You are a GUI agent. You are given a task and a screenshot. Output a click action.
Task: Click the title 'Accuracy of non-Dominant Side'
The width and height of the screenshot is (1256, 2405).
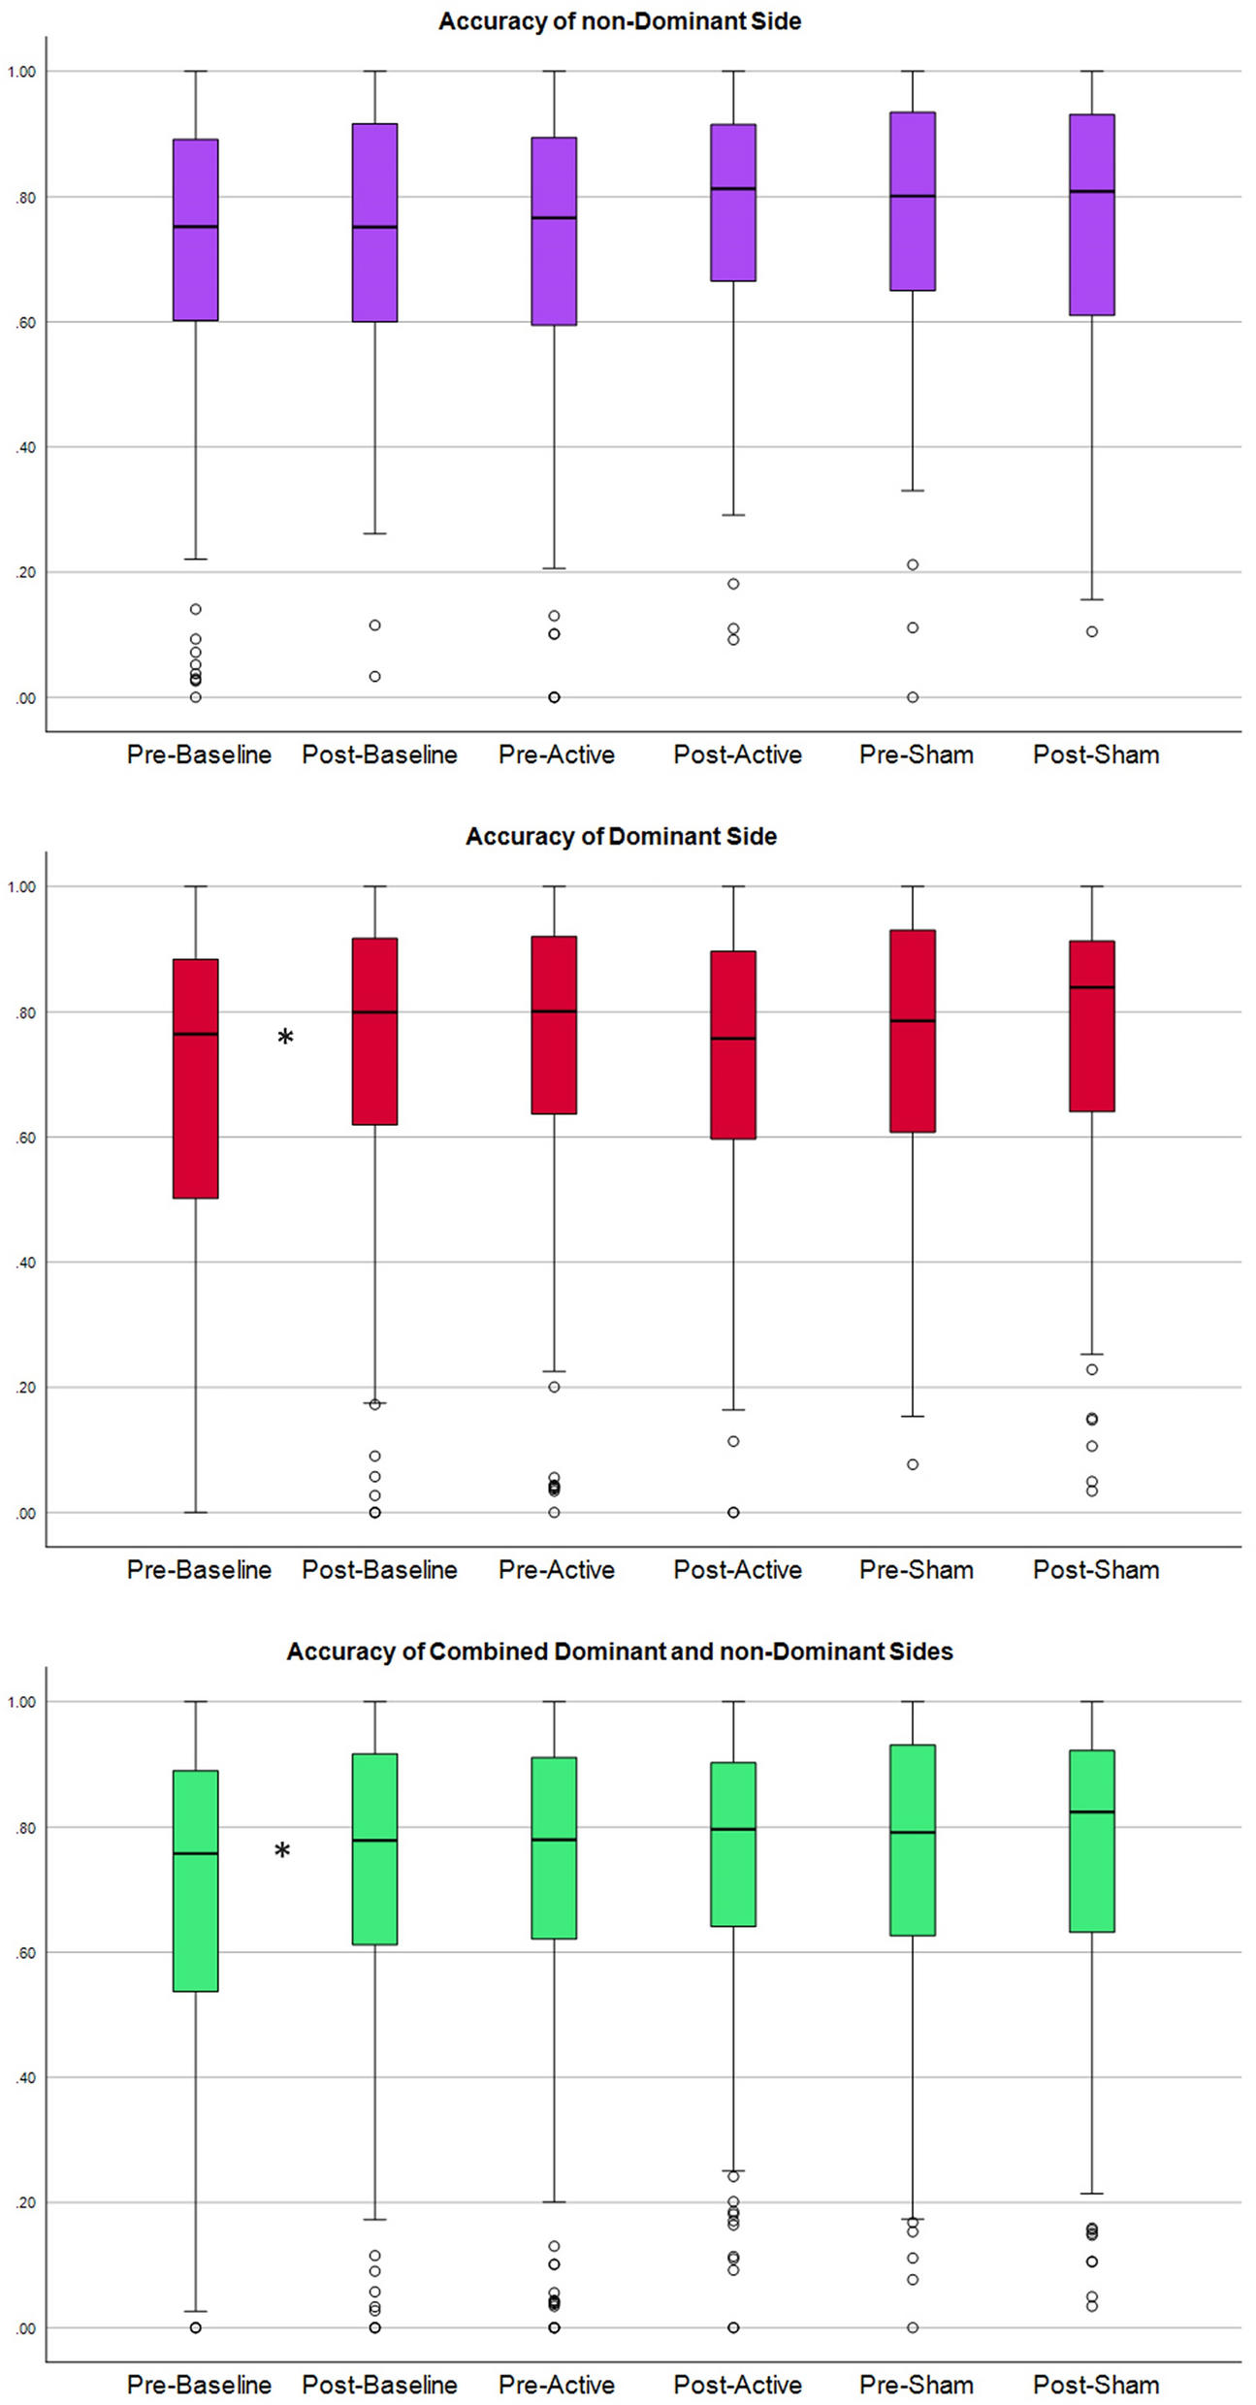[620, 21]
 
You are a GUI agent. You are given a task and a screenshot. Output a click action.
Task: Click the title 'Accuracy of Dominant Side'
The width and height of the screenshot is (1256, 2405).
[621, 836]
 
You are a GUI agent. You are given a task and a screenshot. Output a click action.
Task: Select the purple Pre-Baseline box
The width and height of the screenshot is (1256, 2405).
[196, 230]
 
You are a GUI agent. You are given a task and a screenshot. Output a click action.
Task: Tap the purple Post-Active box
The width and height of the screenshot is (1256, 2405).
[733, 203]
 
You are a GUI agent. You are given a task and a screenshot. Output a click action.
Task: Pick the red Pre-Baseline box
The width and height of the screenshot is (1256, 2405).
[196, 1078]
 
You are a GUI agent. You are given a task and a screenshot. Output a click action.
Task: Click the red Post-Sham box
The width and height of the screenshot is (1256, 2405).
[1092, 1026]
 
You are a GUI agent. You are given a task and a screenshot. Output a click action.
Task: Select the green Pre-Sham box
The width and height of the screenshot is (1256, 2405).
[913, 1840]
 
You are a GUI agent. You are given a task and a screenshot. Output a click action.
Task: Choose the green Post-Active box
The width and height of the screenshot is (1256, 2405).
[733, 1844]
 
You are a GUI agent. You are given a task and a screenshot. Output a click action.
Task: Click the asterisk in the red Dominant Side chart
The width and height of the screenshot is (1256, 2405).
[285, 1039]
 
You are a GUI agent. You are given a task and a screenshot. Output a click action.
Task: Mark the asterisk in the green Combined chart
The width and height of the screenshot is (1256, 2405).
[282, 1852]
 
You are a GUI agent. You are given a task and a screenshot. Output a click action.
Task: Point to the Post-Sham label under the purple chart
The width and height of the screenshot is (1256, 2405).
[1096, 754]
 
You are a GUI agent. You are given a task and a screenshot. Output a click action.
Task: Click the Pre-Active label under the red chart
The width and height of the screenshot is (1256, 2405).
[557, 1569]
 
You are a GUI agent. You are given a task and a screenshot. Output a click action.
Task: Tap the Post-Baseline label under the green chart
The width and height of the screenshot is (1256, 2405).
[379, 2385]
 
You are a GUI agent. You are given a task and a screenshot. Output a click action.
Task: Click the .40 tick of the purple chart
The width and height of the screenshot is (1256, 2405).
[24, 447]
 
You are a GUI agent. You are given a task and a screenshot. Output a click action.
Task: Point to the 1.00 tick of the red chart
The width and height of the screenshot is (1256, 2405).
[21, 886]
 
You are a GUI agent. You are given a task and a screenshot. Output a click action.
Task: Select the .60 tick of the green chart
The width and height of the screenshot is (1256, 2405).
[24, 1952]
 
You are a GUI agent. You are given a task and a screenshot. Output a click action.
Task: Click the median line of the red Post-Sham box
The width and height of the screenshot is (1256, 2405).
[1092, 987]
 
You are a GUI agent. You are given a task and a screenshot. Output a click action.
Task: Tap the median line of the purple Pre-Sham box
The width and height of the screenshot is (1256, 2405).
[913, 196]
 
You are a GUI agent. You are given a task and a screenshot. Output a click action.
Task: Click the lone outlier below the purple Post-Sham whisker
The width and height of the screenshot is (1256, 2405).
[1092, 631]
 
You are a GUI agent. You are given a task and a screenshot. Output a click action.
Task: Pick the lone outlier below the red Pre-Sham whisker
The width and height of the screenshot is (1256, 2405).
[913, 1464]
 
